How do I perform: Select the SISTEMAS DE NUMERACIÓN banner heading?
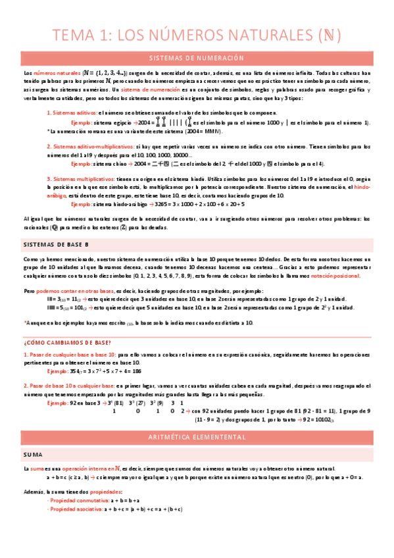[197, 58]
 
